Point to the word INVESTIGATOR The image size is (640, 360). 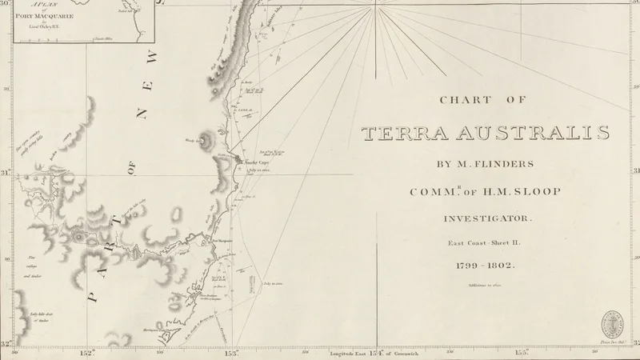pos(486,218)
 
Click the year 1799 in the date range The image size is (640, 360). pos(469,266)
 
